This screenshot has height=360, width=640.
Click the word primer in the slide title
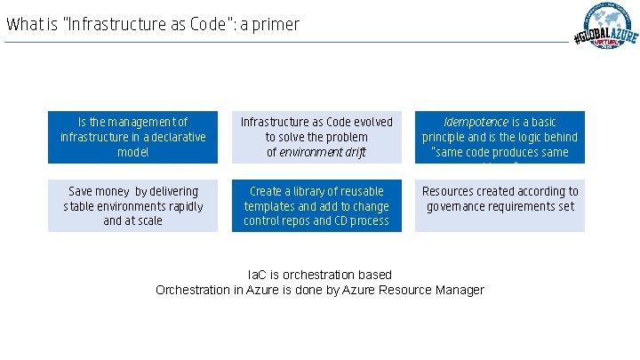point(274,25)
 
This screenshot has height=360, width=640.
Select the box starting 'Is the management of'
point(132,137)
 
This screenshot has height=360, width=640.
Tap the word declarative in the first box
point(174,138)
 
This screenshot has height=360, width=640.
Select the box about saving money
point(132,206)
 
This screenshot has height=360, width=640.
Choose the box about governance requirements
point(500,206)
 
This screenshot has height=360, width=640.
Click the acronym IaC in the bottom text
point(258,275)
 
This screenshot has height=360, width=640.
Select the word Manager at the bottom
point(459,290)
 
